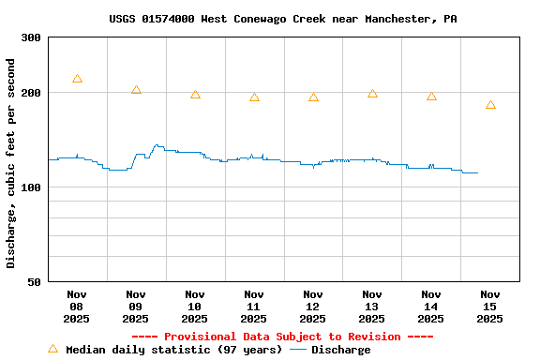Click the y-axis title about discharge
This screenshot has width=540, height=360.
pyautogui.click(x=10, y=163)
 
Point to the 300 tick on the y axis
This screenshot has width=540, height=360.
pyautogui.click(x=31, y=37)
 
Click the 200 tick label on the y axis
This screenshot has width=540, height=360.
pyautogui.click(x=31, y=93)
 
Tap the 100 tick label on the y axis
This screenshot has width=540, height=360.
pyautogui.click(x=31, y=187)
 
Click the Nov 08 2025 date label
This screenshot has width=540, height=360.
pyautogui.click(x=77, y=307)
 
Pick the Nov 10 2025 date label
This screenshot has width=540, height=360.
pyautogui.click(x=195, y=307)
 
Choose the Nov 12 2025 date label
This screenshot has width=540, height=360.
pyautogui.click(x=313, y=307)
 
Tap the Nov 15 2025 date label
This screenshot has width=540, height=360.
pyautogui.click(x=489, y=307)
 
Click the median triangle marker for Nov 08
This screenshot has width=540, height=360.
pyautogui.click(x=77, y=79)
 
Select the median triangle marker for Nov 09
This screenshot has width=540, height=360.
pyautogui.click(x=136, y=90)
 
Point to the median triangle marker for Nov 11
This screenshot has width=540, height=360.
pyautogui.click(x=254, y=97)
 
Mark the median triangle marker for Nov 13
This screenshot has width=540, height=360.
pyautogui.click(x=372, y=93)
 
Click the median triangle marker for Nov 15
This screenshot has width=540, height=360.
pyautogui.click(x=490, y=105)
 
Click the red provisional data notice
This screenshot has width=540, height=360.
pyautogui.click(x=282, y=337)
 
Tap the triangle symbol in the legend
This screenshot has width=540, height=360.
pyautogui.click(x=52, y=349)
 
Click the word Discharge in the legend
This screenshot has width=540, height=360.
pyautogui.click(x=340, y=350)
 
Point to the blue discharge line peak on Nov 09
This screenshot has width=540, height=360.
pyautogui.click(x=157, y=145)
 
